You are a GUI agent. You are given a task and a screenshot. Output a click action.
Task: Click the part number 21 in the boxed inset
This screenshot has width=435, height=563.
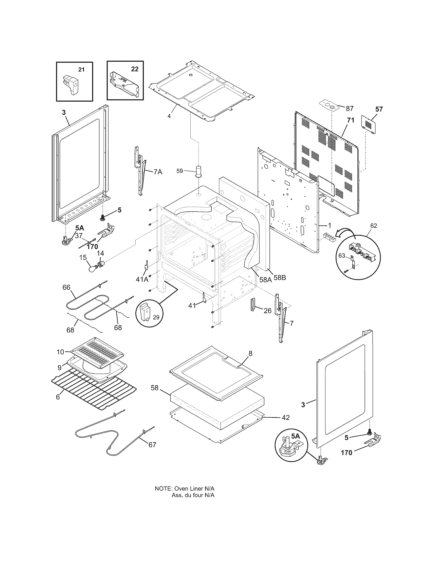(x=81, y=70)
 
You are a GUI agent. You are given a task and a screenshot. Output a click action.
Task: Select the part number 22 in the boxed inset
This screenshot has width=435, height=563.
(x=135, y=69)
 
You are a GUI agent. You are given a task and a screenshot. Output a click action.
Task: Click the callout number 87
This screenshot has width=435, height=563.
(x=350, y=109)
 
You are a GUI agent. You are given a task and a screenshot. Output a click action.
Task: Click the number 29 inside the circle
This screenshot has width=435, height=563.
(x=156, y=318)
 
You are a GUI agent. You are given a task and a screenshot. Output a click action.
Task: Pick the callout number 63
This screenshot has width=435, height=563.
(x=341, y=256)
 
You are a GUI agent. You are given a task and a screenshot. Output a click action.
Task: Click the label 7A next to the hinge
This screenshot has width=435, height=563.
(x=158, y=172)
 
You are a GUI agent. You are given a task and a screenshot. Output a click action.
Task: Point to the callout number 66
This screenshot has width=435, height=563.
(x=66, y=287)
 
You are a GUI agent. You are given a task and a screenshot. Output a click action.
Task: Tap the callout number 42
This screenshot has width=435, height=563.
(x=286, y=417)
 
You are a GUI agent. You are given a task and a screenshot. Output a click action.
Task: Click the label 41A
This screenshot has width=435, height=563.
(x=142, y=279)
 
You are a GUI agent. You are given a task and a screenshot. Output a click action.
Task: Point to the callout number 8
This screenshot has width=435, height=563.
(x=250, y=353)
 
